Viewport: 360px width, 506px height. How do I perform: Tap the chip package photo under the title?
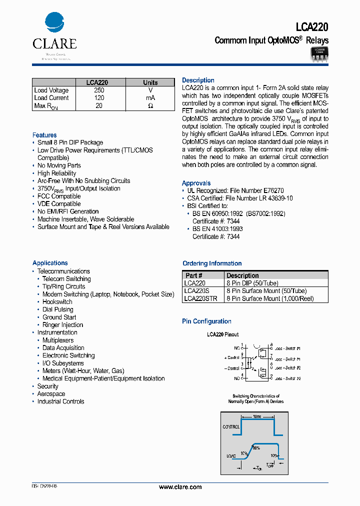pyautogui.click(x=319, y=53)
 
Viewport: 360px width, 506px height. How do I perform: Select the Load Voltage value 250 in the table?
pyautogui.click(x=99, y=90)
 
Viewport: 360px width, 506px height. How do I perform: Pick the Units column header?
pyautogui.click(x=150, y=82)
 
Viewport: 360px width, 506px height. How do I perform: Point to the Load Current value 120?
pyautogui.click(x=99, y=98)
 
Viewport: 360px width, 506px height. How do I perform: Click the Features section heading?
pyautogui.click(x=44, y=135)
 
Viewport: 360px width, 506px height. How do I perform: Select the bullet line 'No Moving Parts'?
pyautogui.click(x=59, y=165)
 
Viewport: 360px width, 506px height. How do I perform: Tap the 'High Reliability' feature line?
pyautogui.click(x=57, y=173)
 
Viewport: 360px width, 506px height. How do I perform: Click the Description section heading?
pyautogui.click(x=198, y=80)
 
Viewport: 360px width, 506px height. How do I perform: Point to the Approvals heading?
pyautogui.click(x=196, y=183)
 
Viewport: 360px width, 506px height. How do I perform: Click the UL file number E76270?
pyautogui.click(x=273, y=191)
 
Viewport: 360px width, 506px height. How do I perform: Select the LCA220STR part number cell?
pyautogui.click(x=200, y=298)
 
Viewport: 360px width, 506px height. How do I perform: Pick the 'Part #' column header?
pyautogui.click(x=194, y=275)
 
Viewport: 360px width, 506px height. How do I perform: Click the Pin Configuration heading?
pyautogui.click(x=206, y=321)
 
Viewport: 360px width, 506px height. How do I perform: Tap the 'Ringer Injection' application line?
pyautogui.click(x=62, y=325)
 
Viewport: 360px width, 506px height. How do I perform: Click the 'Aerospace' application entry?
pyautogui.click(x=51, y=394)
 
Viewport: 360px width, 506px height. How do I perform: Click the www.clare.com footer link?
pyautogui.click(x=180, y=487)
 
